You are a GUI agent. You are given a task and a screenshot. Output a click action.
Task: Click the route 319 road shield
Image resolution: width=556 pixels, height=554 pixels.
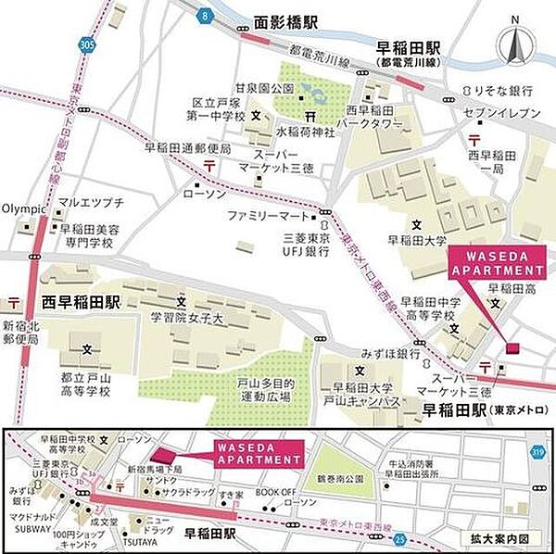(537, 453)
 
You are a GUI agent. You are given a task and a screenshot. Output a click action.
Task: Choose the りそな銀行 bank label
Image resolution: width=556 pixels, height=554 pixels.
(505, 90)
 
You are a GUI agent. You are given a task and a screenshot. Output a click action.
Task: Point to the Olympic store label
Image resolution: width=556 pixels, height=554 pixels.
(24, 209)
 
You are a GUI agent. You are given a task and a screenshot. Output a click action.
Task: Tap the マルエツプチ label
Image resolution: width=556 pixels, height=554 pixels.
(91, 201)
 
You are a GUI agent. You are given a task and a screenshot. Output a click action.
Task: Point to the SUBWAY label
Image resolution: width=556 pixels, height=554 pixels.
(32, 532)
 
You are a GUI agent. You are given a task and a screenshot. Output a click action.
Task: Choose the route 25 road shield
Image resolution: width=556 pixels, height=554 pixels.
(398, 536)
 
